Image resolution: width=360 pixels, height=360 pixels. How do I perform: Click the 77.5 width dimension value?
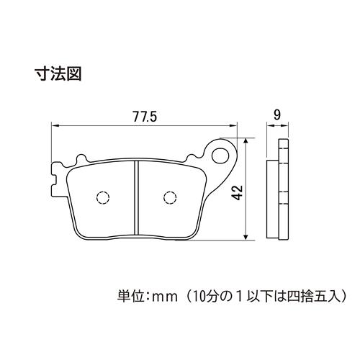pyautogui.click(x=145, y=117)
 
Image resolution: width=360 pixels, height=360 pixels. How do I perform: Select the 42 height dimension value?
pyautogui.click(x=238, y=192)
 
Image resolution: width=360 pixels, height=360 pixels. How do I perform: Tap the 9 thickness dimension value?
pyautogui.click(x=277, y=115)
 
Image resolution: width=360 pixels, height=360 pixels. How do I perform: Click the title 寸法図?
pyautogui.click(x=58, y=73)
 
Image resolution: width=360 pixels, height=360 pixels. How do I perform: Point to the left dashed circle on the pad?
pyautogui.click(x=103, y=198)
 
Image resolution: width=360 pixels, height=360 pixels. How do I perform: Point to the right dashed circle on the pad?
pyautogui.click(x=170, y=198)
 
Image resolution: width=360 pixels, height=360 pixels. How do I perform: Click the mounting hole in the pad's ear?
pyautogui.click(x=220, y=156)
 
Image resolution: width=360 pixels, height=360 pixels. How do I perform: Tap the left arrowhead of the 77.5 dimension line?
pyautogui.click(x=55, y=125)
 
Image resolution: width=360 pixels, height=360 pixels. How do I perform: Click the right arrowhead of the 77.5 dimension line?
pyautogui.click(x=233, y=125)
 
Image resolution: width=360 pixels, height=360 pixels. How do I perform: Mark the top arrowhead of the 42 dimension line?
pyautogui.click(x=246, y=142)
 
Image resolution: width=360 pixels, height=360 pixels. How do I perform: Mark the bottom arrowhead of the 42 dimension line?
pyautogui.click(x=246, y=236)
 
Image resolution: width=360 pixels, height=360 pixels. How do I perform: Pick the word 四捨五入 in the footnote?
pyautogui.click(x=312, y=297)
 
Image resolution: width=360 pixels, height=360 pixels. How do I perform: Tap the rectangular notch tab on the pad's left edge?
pyautogui.click(x=55, y=179)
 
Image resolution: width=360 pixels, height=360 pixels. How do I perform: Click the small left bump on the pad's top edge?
pyautogui.click(x=81, y=159)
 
